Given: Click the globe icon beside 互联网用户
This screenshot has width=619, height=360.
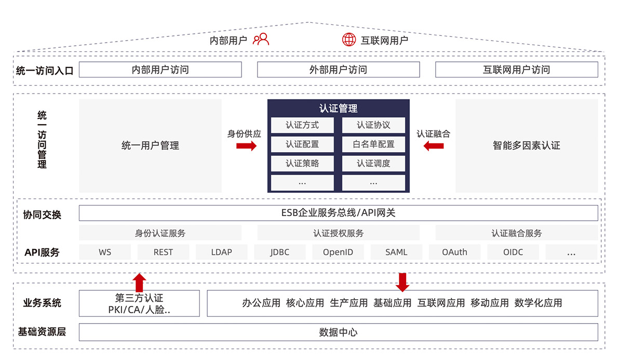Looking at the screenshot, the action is click(x=349, y=39).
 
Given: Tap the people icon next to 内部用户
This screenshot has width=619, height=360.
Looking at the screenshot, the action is click(x=261, y=39).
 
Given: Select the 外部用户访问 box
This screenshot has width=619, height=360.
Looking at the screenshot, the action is click(x=338, y=70).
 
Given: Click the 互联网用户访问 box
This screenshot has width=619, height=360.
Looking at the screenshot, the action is click(x=516, y=70).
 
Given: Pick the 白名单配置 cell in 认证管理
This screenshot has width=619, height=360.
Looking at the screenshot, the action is click(x=373, y=144).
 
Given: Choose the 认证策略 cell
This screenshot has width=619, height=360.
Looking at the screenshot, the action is click(x=302, y=163).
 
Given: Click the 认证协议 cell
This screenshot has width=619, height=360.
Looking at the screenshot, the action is click(x=373, y=125).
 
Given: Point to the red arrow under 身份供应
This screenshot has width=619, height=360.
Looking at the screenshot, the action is click(x=246, y=146).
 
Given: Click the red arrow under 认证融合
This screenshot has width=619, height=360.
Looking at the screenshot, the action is click(x=434, y=146).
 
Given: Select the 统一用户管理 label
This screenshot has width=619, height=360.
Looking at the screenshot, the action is click(x=151, y=145).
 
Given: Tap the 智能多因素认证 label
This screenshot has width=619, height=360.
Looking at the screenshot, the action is click(x=526, y=145).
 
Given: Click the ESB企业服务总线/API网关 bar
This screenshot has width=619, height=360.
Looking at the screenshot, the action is click(x=338, y=213).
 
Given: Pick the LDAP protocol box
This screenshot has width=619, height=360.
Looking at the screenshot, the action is click(x=221, y=252).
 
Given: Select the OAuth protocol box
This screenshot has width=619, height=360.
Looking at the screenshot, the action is click(x=454, y=252).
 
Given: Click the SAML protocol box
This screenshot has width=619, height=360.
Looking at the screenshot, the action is click(x=396, y=252).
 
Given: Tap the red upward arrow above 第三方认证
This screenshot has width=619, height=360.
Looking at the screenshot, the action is click(x=139, y=283).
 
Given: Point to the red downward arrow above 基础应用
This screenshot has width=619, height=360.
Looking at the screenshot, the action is click(x=402, y=283).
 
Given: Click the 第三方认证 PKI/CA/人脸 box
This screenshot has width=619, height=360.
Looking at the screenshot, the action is click(x=139, y=303).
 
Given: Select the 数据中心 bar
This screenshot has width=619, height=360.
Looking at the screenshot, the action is click(x=338, y=332).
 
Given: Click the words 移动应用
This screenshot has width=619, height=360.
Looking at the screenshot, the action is click(x=490, y=303).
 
